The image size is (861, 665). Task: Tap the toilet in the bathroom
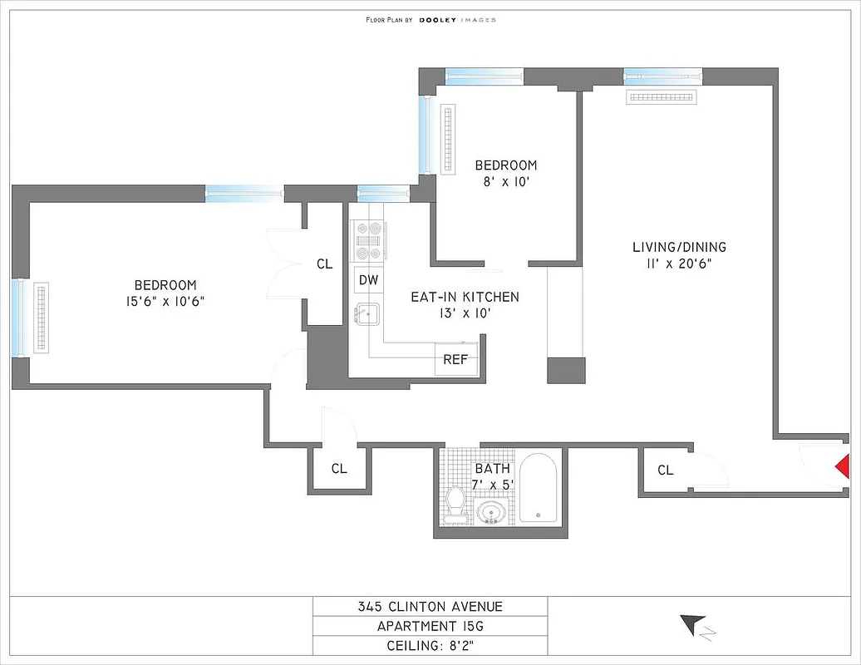point(455,505)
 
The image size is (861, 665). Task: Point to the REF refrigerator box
point(455,360)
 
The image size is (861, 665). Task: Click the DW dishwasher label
point(368,280)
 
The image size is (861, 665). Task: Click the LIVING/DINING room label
point(679,247)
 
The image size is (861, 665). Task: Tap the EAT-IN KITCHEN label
point(465,297)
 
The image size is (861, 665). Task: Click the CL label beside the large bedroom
point(324,264)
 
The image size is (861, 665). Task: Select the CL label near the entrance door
point(665,470)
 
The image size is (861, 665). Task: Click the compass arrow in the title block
point(693,624)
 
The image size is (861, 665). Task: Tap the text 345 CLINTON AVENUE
point(430,607)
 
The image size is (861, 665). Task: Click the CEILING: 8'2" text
point(430,645)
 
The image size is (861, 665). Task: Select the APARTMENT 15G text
point(430,626)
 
